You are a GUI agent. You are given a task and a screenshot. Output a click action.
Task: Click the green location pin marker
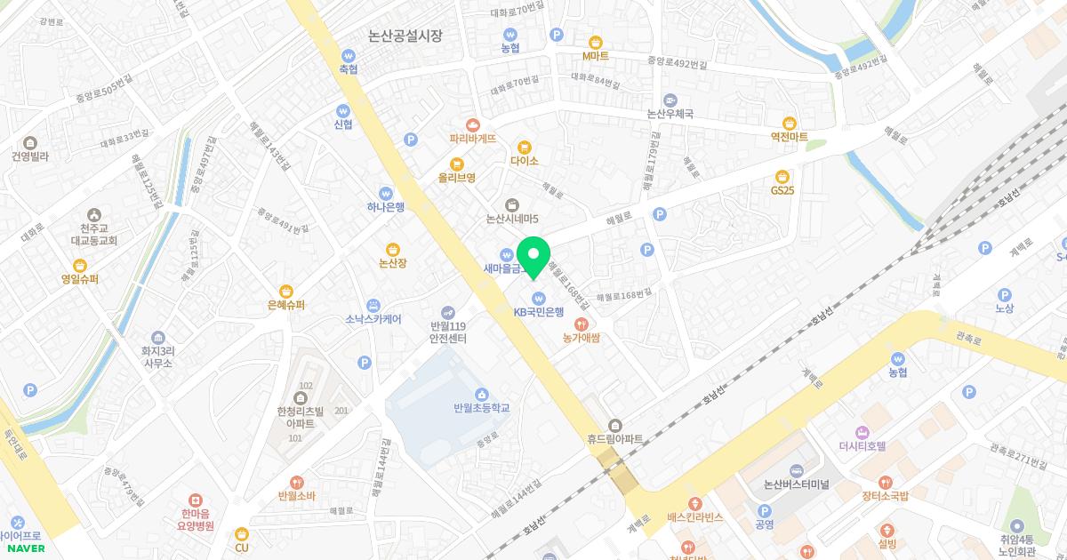(533, 256)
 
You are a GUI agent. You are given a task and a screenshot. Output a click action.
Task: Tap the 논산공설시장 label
(405, 36)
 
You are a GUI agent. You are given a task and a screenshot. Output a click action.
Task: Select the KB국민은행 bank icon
(538, 298)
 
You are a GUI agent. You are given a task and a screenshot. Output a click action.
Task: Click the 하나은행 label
(386, 207)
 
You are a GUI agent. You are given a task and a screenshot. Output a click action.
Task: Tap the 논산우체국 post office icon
(670, 100)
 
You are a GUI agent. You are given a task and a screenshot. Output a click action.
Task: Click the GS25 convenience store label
(782, 190)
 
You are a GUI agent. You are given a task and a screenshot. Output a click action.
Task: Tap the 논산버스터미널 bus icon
(796, 469)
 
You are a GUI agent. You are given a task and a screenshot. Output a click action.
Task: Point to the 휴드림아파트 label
(614, 439)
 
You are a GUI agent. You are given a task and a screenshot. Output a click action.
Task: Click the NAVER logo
(22, 548)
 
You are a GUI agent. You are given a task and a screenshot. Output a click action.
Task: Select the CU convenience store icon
(241, 533)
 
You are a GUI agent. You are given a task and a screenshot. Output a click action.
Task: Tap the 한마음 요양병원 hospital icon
(197, 501)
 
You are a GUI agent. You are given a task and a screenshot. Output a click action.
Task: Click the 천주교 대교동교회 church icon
(94, 214)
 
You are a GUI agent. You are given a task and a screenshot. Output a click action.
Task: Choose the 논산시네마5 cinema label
(512, 219)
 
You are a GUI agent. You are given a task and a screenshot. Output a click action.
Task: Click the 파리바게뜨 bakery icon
(473, 124)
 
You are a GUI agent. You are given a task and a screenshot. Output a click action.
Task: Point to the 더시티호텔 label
(862, 446)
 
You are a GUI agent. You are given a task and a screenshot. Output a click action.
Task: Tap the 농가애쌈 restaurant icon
(582, 324)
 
